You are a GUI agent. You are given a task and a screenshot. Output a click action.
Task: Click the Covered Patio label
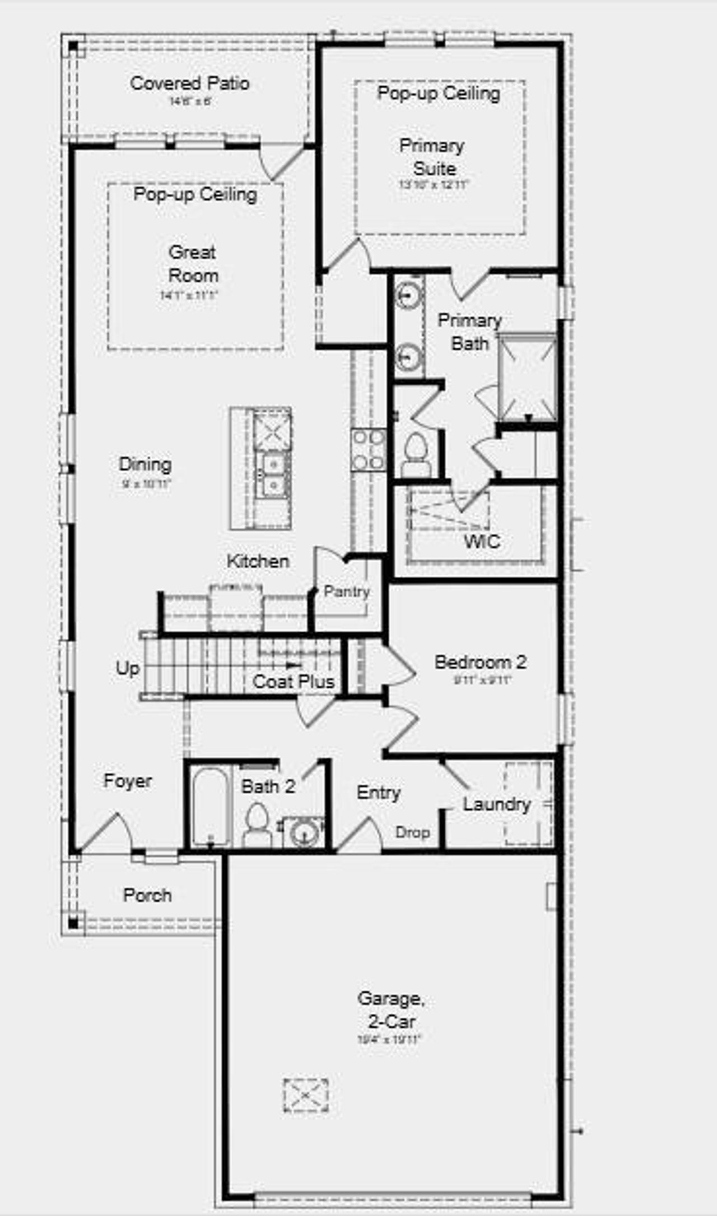[x=189, y=83]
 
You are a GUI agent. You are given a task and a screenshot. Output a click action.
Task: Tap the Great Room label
[x=193, y=264]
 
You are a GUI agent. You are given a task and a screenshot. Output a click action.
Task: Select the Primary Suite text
[x=432, y=157]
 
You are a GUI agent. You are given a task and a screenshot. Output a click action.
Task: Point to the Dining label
[x=145, y=464]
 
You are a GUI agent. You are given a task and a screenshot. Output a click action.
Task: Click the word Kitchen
[x=258, y=561]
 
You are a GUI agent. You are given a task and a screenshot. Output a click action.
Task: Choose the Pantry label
[x=346, y=591]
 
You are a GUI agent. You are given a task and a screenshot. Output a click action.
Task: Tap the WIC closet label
[x=482, y=541]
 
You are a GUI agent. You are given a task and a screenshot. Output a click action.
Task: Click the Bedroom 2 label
[x=480, y=662]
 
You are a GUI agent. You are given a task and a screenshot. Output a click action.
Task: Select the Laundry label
[x=496, y=804]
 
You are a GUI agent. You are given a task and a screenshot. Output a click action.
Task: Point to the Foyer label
[x=128, y=781]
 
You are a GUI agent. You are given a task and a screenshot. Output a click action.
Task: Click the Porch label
[x=147, y=895]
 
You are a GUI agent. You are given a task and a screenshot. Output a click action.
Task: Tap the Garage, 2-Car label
[x=391, y=1009]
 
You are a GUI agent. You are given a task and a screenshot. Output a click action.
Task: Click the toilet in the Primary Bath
[x=416, y=454]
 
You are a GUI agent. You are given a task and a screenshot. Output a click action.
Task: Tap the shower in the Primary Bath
[x=527, y=376]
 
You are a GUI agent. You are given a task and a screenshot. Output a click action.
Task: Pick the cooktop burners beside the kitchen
[x=369, y=449]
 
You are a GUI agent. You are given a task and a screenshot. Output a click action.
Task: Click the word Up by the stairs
[x=128, y=668]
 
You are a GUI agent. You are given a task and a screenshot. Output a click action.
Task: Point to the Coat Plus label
[x=294, y=682]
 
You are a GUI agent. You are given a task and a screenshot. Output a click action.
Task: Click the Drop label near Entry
[x=412, y=832]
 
